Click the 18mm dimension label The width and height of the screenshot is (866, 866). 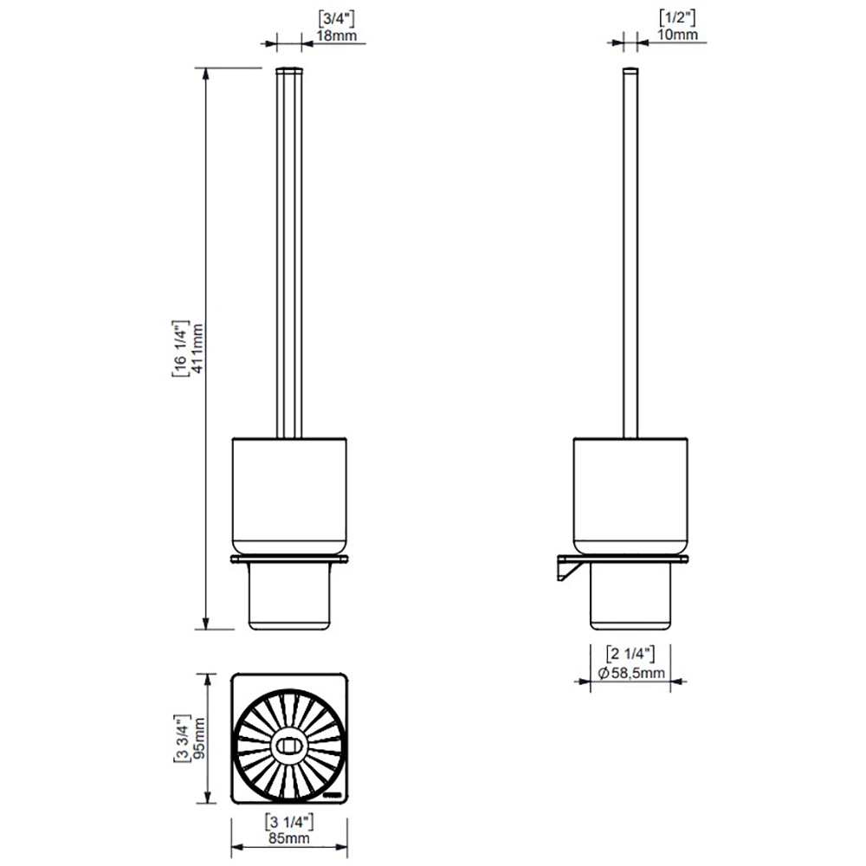point(336,36)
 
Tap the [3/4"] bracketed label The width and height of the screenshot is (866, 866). point(336,19)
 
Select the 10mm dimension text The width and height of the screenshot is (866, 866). point(677,35)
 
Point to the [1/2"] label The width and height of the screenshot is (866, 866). point(677,17)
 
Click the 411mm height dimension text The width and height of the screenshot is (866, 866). point(197,348)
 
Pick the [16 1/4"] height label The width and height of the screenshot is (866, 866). point(181,348)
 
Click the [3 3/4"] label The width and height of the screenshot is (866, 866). point(182,738)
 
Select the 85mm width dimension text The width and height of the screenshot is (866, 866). point(289,837)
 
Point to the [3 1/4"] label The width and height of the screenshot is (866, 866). point(289,823)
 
